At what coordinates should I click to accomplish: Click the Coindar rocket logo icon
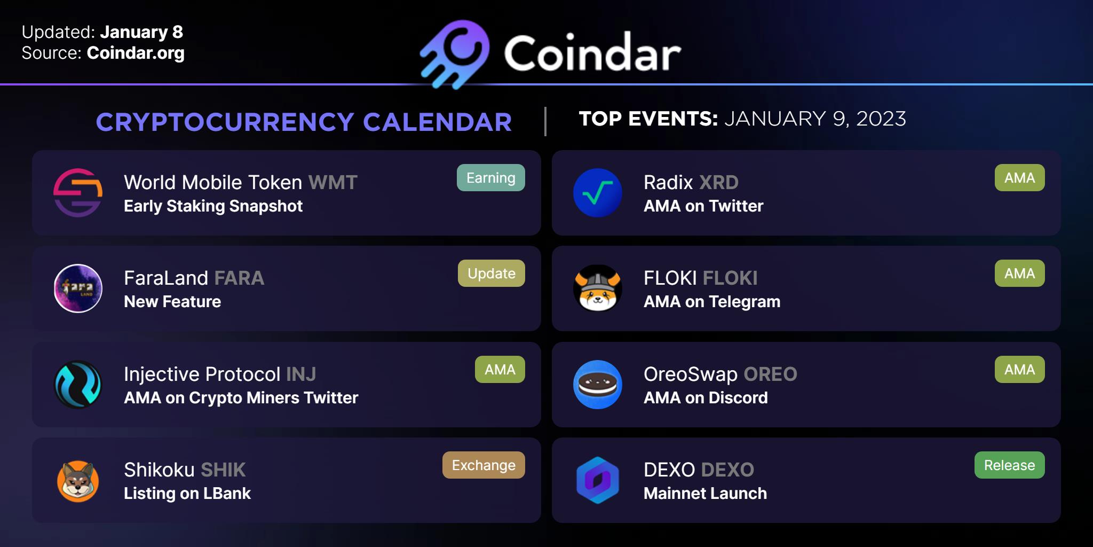455,54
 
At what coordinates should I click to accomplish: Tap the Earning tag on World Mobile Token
491,178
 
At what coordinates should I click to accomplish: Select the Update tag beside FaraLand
492,273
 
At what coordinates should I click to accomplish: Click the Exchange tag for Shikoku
484,465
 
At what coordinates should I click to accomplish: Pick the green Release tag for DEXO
1010,465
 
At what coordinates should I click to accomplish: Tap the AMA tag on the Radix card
1020,178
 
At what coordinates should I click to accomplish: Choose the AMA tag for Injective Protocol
500,370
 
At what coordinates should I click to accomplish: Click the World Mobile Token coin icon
78,193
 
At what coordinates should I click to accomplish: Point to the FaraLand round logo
78,288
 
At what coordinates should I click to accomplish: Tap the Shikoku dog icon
78,481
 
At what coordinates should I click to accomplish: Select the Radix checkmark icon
598,193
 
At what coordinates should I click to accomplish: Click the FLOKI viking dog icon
598,288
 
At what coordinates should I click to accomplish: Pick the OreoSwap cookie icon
598,385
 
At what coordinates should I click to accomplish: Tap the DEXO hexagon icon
598,480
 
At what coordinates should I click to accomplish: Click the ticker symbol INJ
301,374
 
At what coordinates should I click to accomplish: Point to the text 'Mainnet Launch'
706,494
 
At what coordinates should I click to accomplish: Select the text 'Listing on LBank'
187,494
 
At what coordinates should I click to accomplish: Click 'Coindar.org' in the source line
136,53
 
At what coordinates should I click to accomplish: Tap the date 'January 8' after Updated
141,32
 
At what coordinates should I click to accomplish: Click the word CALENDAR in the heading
438,122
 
